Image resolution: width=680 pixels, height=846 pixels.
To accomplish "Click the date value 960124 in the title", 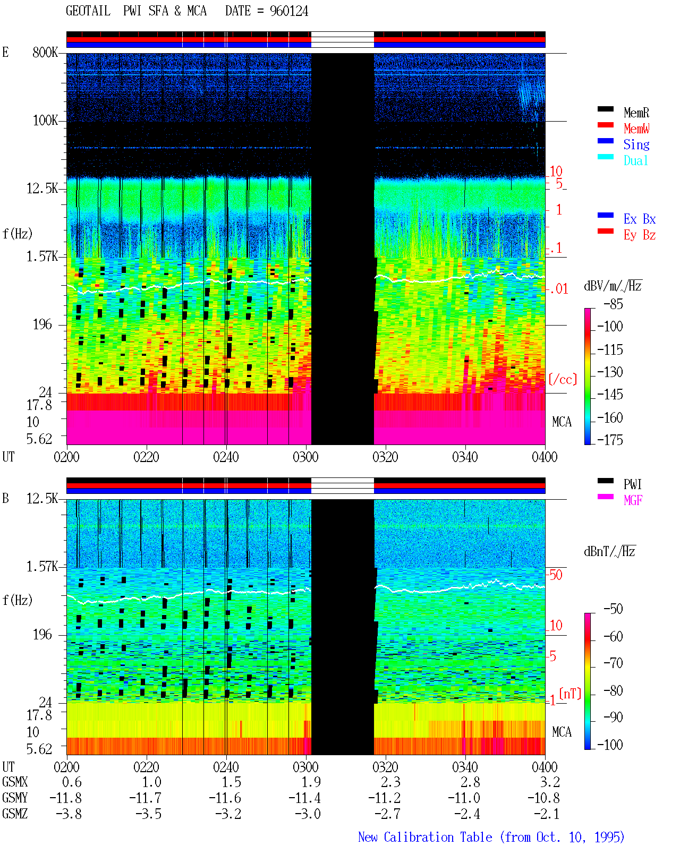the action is click(x=289, y=11).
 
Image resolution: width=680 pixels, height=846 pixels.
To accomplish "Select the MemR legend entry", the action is click(x=636, y=113).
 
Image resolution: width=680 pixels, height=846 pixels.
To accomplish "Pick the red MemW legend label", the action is click(x=636, y=129).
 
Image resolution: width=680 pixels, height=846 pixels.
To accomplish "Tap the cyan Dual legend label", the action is click(x=635, y=160).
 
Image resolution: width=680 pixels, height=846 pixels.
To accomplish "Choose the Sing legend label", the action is click(x=636, y=144).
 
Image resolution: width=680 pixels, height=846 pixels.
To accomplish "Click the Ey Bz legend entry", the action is click(x=640, y=235).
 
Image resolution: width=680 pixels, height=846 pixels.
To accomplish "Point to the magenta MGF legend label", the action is click(x=633, y=500).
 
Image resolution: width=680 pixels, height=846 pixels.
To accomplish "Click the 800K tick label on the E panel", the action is click(x=45, y=52).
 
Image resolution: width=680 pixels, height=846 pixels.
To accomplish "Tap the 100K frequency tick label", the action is click(x=45, y=121).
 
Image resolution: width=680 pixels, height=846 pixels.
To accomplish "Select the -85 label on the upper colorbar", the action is click(x=613, y=304).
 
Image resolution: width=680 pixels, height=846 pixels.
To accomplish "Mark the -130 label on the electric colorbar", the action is click(x=610, y=372).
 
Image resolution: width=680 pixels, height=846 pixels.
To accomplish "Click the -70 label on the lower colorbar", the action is click(x=613, y=663).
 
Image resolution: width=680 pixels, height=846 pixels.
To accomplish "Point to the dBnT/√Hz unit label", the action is click(x=609, y=551).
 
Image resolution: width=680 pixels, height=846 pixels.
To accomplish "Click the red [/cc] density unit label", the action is click(x=563, y=379).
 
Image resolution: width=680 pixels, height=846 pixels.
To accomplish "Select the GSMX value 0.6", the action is click(x=72, y=782).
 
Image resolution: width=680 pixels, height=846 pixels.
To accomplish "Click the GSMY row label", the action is click(x=15, y=798).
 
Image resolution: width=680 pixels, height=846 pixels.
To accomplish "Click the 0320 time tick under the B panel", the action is click(x=386, y=766).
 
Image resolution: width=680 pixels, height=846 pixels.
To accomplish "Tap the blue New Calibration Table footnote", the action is click(x=491, y=837).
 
